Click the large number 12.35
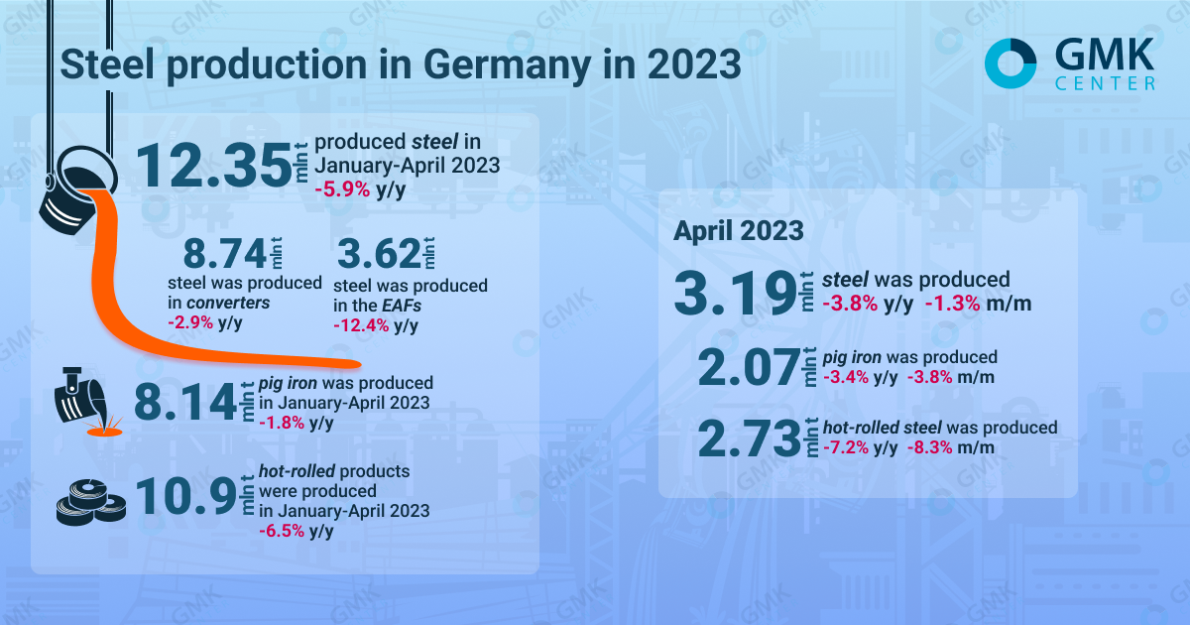click(210, 164)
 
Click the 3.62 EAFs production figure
click(377, 255)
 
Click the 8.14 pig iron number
click(184, 403)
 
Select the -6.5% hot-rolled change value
click(282, 531)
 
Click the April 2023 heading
click(738, 231)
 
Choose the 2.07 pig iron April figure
click(748, 368)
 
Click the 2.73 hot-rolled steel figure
click(748, 438)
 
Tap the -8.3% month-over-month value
click(933, 447)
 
